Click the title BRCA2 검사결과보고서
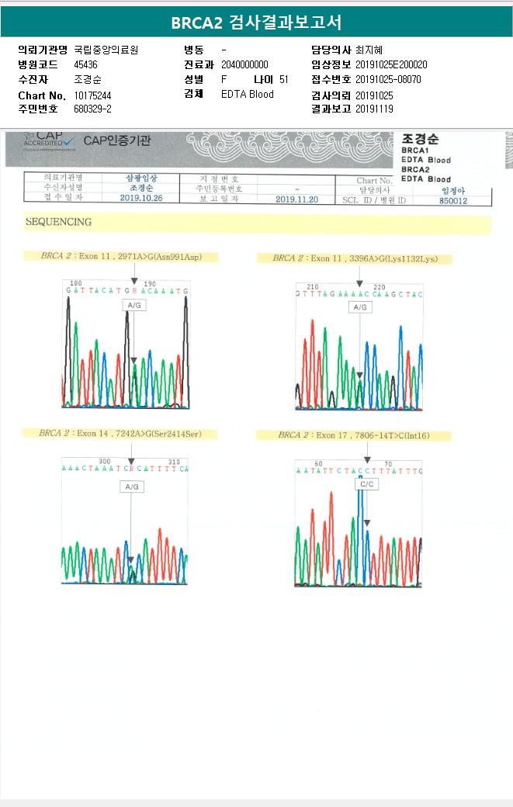[256, 22]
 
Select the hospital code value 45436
[85, 64]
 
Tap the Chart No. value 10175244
[92, 95]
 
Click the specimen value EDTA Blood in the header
[247, 95]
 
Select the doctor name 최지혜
[369, 50]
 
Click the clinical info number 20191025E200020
[391, 64]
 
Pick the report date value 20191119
[376, 109]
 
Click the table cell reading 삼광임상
[140, 178]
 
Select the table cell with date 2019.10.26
[140, 199]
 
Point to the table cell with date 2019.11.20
[297, 199]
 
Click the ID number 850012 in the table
[453, 199]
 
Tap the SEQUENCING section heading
[58, 222]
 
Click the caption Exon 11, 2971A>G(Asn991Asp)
[129, 256]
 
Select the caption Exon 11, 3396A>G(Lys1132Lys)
[354, 258]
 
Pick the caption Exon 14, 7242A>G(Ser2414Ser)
[120, 434]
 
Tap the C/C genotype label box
[366, 484]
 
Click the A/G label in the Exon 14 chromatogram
[131, 487]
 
